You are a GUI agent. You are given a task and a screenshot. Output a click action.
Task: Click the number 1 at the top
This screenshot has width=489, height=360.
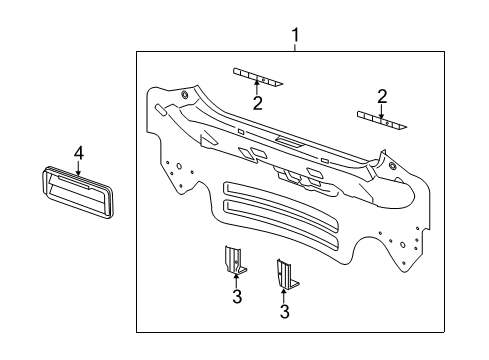coord(295,37)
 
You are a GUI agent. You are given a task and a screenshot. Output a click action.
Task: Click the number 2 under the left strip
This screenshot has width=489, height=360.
coord(257,103)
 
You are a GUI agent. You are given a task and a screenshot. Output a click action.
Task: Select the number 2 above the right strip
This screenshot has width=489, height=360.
coord(381,96)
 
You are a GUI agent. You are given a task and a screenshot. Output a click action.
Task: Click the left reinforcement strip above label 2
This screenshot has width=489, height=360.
coord(258,75)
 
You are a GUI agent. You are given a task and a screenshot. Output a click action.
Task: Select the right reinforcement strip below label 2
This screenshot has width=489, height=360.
coord(382,122)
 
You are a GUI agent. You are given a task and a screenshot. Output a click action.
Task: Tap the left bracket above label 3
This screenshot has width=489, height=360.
coord(234,261)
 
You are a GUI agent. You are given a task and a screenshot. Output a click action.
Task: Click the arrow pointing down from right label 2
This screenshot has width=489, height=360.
coord(381,111)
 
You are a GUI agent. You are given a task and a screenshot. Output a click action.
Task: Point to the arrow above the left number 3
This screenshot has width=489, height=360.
coord(236,280)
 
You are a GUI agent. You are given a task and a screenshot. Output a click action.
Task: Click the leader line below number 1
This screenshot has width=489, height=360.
coord(295,49)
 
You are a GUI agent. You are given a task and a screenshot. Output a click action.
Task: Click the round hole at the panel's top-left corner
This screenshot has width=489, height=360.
coord(186,96)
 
